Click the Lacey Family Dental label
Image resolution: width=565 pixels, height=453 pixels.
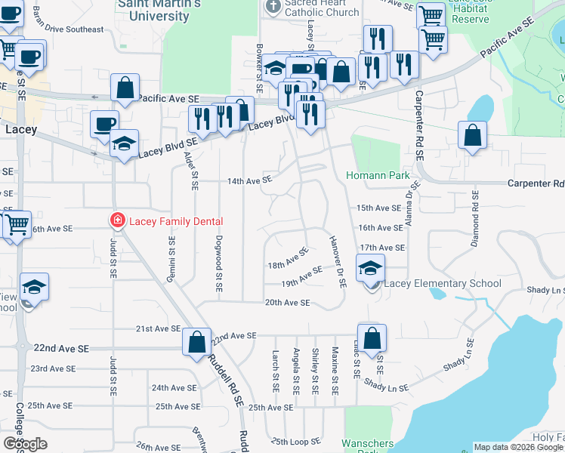click(x=176, y=221)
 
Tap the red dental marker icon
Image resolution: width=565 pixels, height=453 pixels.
click(x=117, y=221)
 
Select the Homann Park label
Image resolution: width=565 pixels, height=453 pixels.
click(x=378, y=176)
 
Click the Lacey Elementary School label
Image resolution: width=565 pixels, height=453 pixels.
click(x=443, y=284)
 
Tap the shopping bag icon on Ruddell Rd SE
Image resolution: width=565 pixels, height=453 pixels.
click(x=196, y=341)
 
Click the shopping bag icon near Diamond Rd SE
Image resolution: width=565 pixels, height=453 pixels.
click(x=472, y=136)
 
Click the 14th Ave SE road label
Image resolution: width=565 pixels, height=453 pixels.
click(x=249, y=181)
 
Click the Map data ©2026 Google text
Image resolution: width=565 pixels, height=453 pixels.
click(x=518, y=448)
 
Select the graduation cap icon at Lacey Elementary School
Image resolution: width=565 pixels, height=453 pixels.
click(x=370, y=268)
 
